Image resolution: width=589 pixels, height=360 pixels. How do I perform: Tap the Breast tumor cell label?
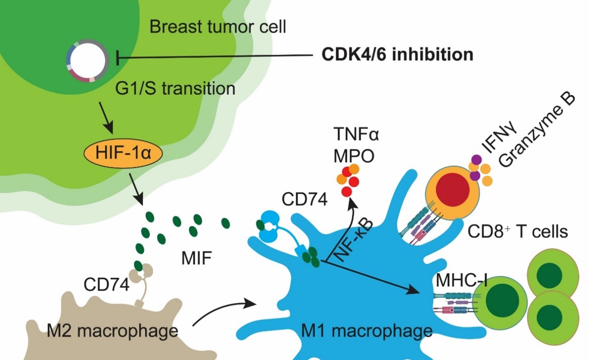[218, 27]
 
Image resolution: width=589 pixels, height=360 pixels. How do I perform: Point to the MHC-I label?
[461, 281]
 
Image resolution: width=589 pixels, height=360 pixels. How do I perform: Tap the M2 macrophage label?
[112, 331]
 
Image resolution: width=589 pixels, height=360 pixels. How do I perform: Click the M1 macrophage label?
[367, 331]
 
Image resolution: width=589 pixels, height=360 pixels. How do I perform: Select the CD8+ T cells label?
[517, 231]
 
